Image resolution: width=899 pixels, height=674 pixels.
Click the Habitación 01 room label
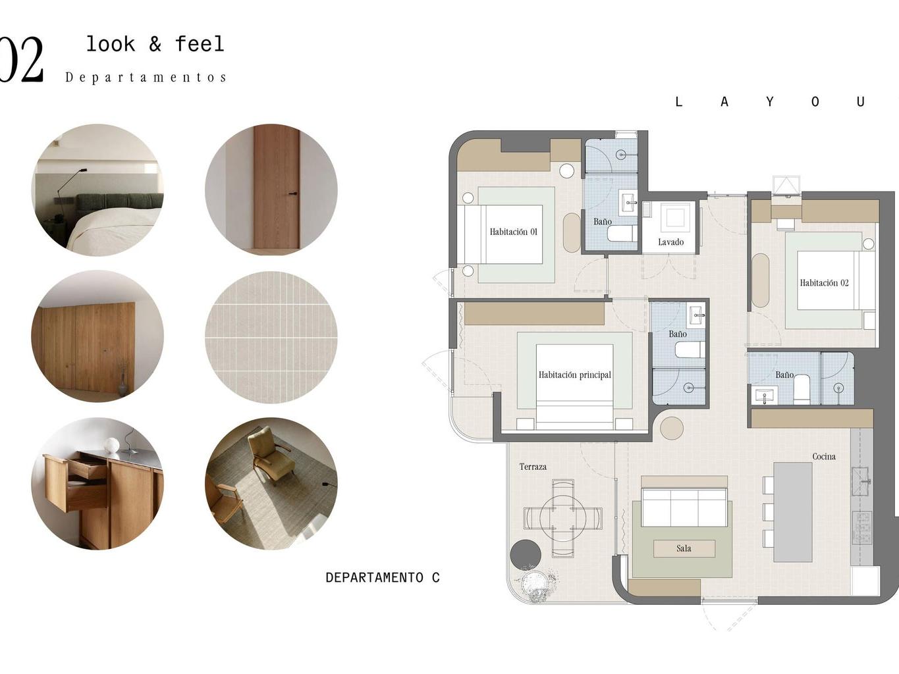tap(513, 232)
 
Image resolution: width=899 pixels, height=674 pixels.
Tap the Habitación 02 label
tap(824, 283)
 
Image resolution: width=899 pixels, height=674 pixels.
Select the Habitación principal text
tap(574, 375)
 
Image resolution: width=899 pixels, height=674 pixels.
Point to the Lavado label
tap(670, 242)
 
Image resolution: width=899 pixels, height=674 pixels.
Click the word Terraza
tap(533, 467)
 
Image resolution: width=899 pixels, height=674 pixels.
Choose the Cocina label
tap(824, 456)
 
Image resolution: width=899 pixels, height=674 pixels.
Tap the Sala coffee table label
tap(684, 548)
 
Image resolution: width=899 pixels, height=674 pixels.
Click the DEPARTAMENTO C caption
tap(383, 577)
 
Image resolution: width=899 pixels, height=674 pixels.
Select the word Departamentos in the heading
tap(146, 78)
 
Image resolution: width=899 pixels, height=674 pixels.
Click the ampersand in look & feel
tap(155, 44)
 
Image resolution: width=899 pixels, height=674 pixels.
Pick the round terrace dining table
tap(563, 518)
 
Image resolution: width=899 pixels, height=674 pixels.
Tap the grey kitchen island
tap(792, 512)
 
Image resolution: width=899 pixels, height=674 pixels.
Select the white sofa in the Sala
tap(684, 507)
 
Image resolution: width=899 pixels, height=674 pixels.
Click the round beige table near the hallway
tap(672, 428)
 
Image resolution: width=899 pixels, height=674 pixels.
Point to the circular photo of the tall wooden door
tap(271, 190)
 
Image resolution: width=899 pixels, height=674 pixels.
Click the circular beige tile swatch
tap(271, 338)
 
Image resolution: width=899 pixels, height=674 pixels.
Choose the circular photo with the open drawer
tap(97, 483)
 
